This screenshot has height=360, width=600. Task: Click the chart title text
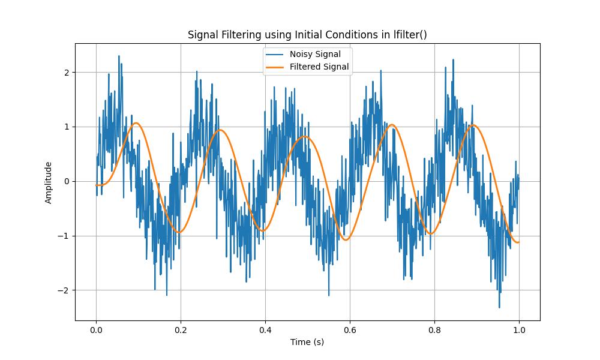[307, 34]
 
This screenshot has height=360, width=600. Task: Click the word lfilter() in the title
[410, 34]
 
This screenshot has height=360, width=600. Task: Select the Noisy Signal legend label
[315, 55]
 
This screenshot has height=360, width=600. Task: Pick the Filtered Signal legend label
[319, 67]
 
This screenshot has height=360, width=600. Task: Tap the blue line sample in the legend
[276, 55]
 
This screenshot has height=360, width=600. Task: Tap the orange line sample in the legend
[276, 67]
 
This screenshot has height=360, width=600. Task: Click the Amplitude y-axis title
[49, 182]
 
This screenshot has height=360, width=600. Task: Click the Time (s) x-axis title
[307, 342]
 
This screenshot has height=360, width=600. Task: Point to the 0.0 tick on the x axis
[96, 329]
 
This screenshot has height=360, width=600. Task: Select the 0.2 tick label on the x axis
[181, 329]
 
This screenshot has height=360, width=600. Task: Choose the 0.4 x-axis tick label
[265, 329]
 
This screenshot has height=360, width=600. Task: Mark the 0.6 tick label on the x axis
[350, 329]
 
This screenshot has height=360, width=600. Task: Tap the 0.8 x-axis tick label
[434, 329]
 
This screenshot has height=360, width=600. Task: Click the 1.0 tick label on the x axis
[519, 329]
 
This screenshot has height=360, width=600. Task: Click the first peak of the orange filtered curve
[137, 123]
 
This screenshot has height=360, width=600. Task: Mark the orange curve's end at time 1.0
[518, 242]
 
